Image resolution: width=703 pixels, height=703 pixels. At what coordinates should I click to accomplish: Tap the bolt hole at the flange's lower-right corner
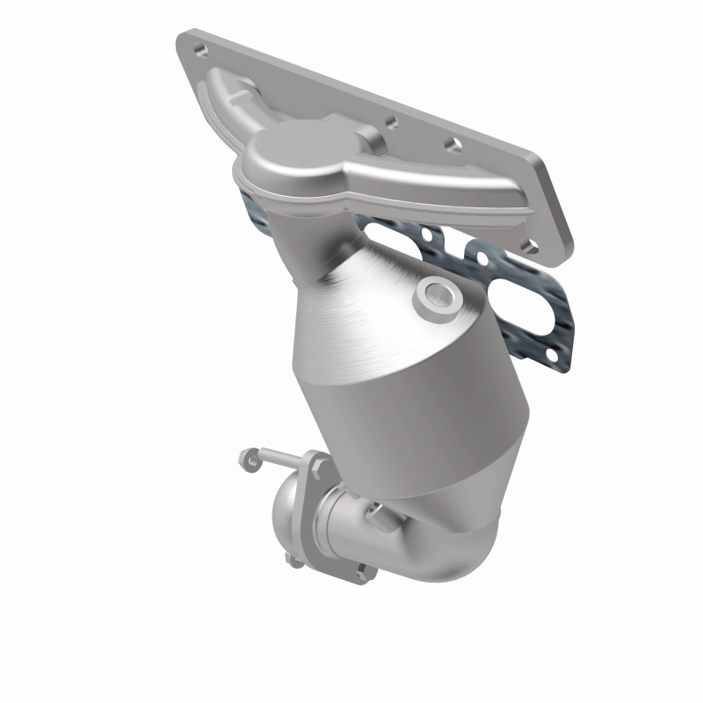point(530,247)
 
